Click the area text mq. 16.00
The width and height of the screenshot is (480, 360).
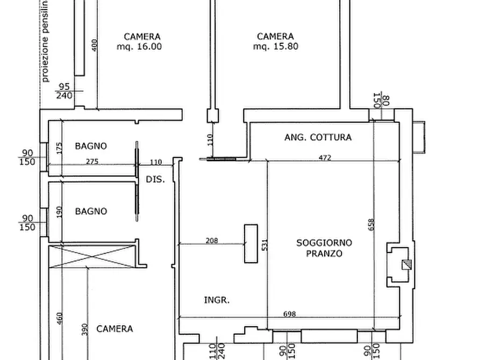point(139,47)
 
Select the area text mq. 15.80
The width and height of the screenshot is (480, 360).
point(275,47)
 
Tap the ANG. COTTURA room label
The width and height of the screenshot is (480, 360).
point(318,138)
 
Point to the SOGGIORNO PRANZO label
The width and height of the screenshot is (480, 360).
point(324,248)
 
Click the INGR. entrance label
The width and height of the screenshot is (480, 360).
point(217,300)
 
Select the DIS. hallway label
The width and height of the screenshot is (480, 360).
point(156,179)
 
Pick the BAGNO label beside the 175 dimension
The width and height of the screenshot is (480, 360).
point(90,146)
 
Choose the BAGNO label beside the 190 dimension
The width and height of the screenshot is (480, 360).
point(90,211)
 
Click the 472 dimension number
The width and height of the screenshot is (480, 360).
point(325,157)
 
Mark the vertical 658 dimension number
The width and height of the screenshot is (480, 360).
point(370,225)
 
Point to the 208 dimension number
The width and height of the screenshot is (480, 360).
point(212,241)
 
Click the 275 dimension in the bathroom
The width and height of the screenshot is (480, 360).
point(91,161)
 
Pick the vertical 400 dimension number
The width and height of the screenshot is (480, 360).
point(95,45)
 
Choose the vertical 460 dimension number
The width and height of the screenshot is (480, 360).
point(59,319)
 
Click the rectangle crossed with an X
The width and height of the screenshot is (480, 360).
point(91,256)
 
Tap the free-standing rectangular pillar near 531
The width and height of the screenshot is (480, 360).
point(250,243)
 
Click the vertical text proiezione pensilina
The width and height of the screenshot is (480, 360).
point(45,41)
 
